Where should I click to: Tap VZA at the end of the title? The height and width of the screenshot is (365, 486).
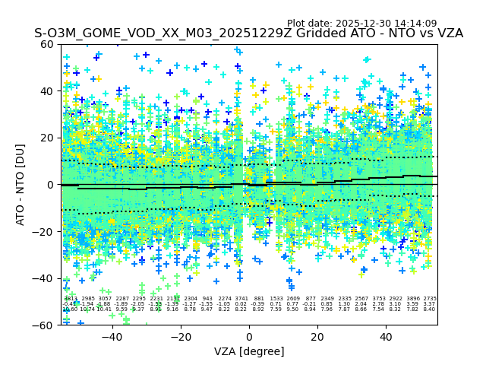click(x=447, y=33)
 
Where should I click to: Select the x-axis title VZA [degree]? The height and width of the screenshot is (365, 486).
click(x=249, y=351)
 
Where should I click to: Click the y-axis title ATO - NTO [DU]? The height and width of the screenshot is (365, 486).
click(x=21, y=184)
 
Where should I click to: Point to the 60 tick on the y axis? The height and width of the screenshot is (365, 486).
click(x=46, y=44)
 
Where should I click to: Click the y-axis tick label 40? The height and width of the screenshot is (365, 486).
click(x=46, y=91)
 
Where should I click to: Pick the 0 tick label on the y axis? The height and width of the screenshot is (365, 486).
click(x=49, y=185)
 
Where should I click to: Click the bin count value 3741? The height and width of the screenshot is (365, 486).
click(x=241, y=299)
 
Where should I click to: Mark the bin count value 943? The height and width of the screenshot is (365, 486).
click(x=207, y=299)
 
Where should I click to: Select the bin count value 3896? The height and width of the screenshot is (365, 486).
click(x=413, y=299)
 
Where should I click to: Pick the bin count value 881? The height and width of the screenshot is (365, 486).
click(x=259, y=299)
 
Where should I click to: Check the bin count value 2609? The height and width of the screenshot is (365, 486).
click(x=293, y=299)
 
